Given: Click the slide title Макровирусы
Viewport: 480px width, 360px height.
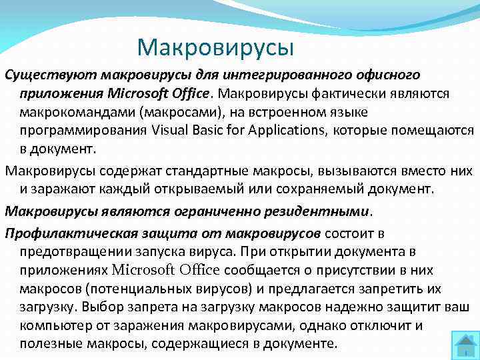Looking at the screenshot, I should pos(215,47).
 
